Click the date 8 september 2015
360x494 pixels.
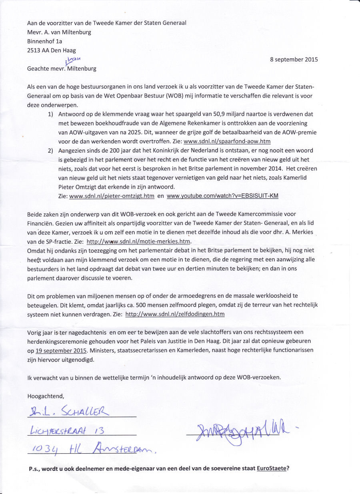point(294,60)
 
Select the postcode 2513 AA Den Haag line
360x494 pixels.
point(51,50)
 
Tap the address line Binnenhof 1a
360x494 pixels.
point(45,41)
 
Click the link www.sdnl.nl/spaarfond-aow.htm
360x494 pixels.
point(227,141)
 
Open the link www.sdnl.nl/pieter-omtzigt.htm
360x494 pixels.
point(112,196)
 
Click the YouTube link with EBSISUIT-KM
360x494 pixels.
point(222,196)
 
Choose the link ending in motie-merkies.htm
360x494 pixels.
point(139,241)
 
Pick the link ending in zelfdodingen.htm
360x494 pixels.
point(175,314)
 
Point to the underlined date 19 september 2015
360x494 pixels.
point(61,351)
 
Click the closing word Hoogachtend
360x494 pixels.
point(46,396)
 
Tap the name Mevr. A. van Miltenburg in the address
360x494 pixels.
point(59,32)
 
